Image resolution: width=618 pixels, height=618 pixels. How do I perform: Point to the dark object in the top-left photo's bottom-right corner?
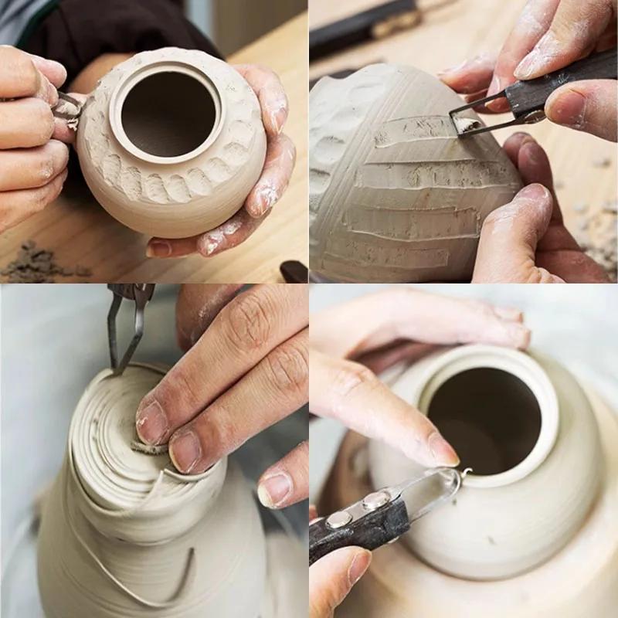[x=294, y=271]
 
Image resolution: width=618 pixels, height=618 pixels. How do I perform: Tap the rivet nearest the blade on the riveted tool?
[x=376, y=501]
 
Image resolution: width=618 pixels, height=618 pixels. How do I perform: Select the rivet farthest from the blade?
[x=339, y=519]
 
